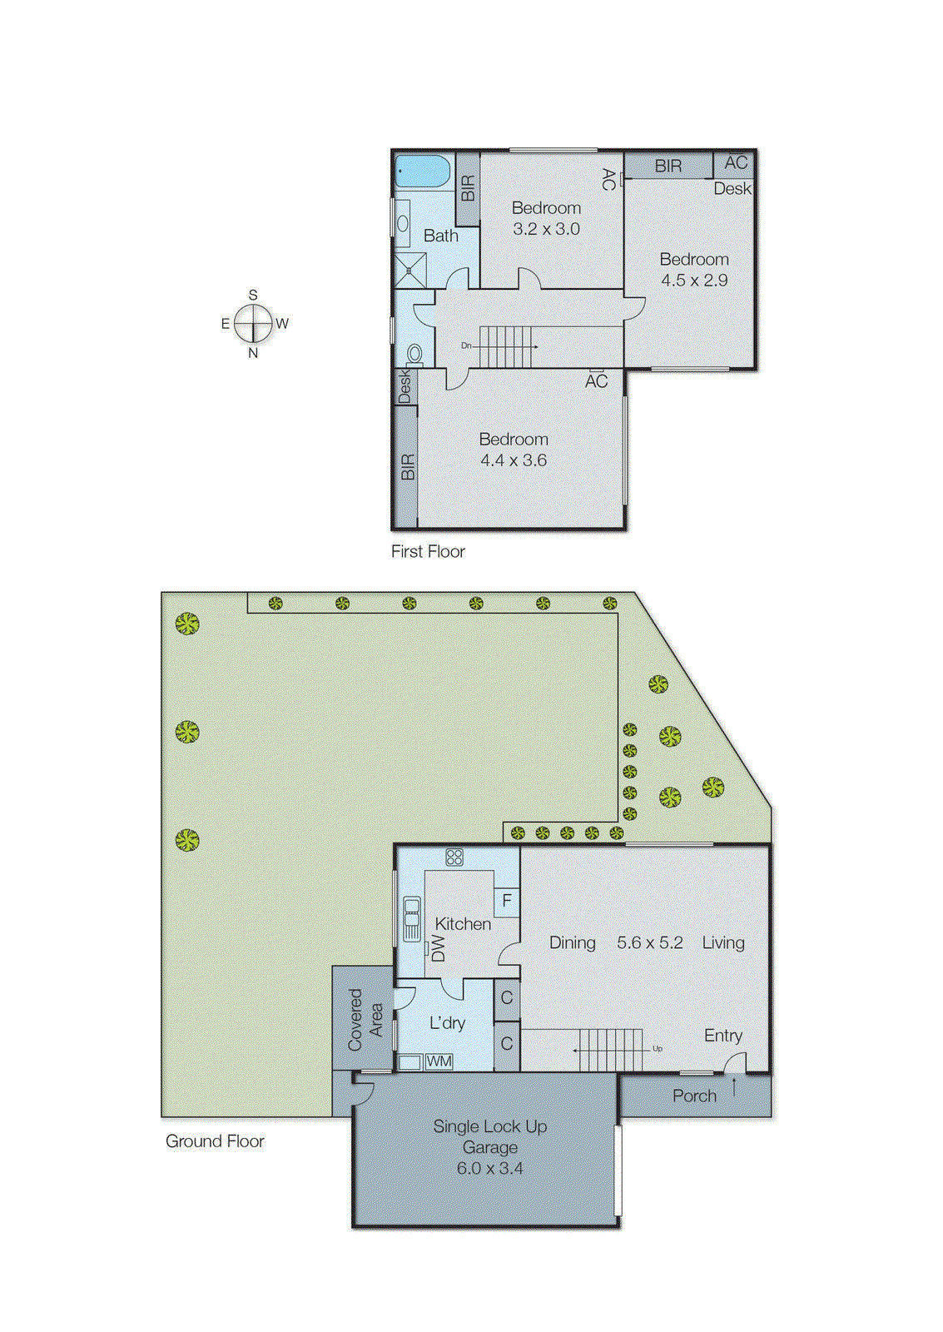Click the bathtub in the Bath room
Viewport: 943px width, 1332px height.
tap(422, 171)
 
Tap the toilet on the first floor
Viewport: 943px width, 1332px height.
tap(414, 355)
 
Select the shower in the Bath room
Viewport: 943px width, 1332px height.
tap(410, 271)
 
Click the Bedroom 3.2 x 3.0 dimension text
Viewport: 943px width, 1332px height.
tap(546, 229)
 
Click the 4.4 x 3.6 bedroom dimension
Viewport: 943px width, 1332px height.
tap(514, 460)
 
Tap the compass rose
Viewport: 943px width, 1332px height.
tap(253, 324)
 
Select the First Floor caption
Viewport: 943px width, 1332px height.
tap(428, 551)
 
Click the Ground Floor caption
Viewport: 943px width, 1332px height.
tap(215, 1141)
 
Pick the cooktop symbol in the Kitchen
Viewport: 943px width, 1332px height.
tap(454, 857)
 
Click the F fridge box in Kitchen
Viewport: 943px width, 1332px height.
tap(506, 902)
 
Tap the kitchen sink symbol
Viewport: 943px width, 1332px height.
tap(411, 918)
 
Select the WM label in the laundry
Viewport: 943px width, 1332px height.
tap(439, 1061)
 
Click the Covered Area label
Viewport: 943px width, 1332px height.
tap(365, 1018)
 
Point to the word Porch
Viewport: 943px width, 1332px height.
tap(694, 1096)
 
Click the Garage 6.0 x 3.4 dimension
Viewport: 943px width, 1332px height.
tap(489, 1168)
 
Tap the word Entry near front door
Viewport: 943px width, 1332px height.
tap(722, 1036)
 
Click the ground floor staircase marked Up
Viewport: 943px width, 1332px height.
tap(610, 1050)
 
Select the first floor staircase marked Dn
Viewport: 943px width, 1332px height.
tap(505, 346)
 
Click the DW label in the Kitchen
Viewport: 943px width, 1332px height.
tap(438, 948)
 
